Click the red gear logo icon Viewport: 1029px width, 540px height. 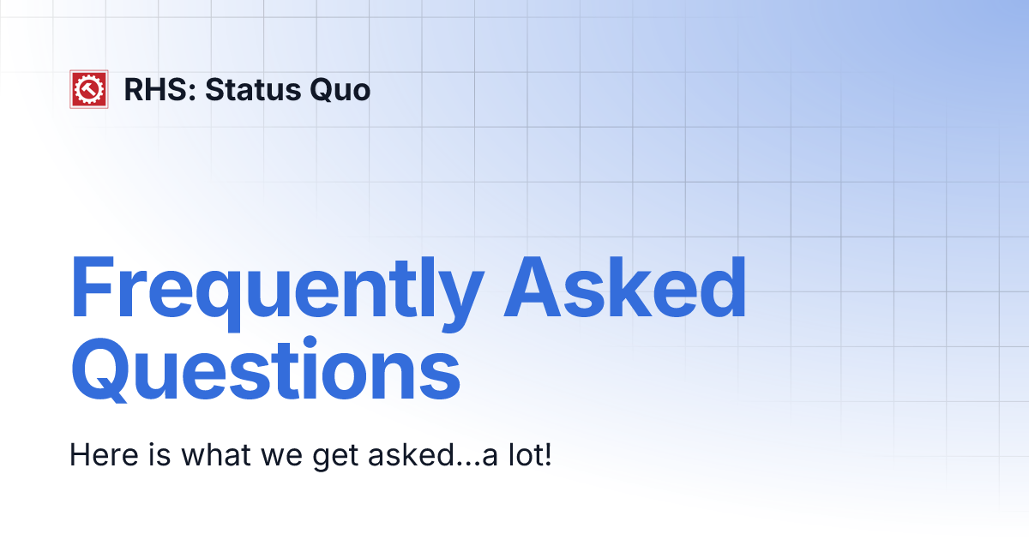coord(88,89)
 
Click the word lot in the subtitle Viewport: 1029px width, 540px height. coord(521,455)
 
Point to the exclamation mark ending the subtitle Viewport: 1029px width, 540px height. coord(546,455)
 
